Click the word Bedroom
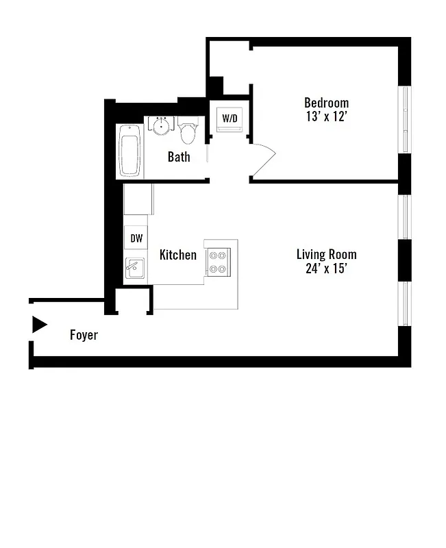pyautogui.click(x=326, y=103)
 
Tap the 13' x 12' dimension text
pyautogui.click(x=326, y=116)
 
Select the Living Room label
pyautogui.click(x=326, y=254)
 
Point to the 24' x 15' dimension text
pyautogui.click(x=326, y=269)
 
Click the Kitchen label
pyautogui.click(x=177, y=255)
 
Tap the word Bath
pyautogui.click(x=179, y=157)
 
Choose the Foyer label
pyautogui.click(x=84, y=335)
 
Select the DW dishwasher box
pyautogui.click(x=136, y=238)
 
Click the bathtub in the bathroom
pyautogui.click(x=129, y=151)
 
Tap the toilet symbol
pyautogui.click(x=188, y=132)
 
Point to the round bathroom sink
pyautogui.click(x=162, y=126)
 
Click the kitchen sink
pyautogui.click(x=134, y=268)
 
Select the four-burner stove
pyautogui.click(x=219, y=261)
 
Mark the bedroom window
pyautogui.click(x=406, y=119)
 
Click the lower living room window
pyautogui.click(x=405, y=301)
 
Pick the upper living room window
pyautogui.click(x=405, y=216)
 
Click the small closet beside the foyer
pyautogui.click(x=132, y=301)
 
